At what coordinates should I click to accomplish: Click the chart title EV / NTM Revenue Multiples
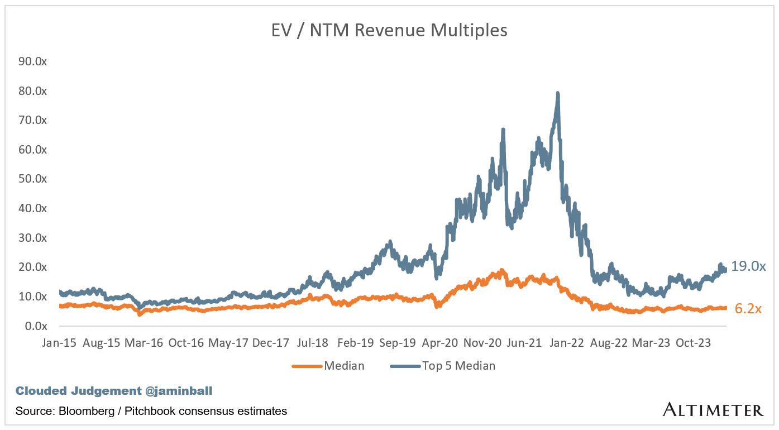389,30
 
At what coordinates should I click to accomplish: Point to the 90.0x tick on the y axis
33,61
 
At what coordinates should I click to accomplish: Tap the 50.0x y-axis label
33,179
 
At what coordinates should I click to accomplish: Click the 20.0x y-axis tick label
33,267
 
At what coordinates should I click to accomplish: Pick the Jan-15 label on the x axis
59,343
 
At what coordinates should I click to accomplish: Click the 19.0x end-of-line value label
748,266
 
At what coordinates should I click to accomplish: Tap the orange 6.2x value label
748,308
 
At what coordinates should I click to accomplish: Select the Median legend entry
344,366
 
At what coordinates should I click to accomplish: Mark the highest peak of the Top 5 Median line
557,93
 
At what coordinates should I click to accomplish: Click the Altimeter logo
713,410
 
